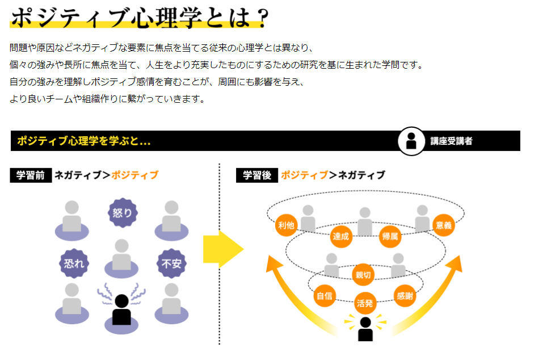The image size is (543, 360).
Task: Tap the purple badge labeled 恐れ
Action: [x=74, y=263]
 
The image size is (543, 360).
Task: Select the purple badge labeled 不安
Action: [x=171, y=263]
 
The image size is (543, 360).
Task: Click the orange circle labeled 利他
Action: [x=286, y=225]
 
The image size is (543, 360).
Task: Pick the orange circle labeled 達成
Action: [x=341, y=236]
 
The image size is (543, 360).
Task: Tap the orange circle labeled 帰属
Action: [x=390, y=236]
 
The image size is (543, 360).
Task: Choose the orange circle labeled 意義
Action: [x=444, y=225]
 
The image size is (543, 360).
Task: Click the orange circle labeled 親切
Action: [x=364, y=275]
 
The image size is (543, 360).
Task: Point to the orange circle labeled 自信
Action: [x=325, y=295]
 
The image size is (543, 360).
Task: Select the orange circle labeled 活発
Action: [x=365, y=303]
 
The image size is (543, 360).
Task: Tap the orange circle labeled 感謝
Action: [x=405, y=295]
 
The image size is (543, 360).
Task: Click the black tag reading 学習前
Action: [x=31, y=175]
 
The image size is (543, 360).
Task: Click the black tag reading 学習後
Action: [x=257, y=175]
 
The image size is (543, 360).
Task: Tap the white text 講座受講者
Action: [x=451, y=141]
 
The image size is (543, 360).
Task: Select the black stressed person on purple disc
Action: [x=121, y=311]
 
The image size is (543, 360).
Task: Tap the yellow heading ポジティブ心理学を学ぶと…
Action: [x=83, y=141]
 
